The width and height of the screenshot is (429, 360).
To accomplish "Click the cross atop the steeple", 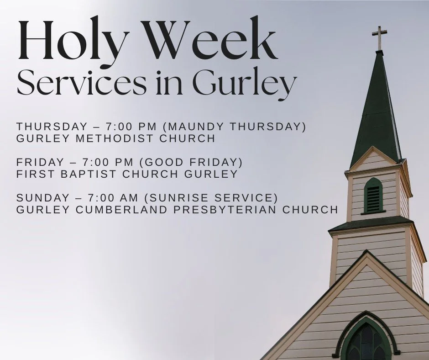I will tap(379, 37).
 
